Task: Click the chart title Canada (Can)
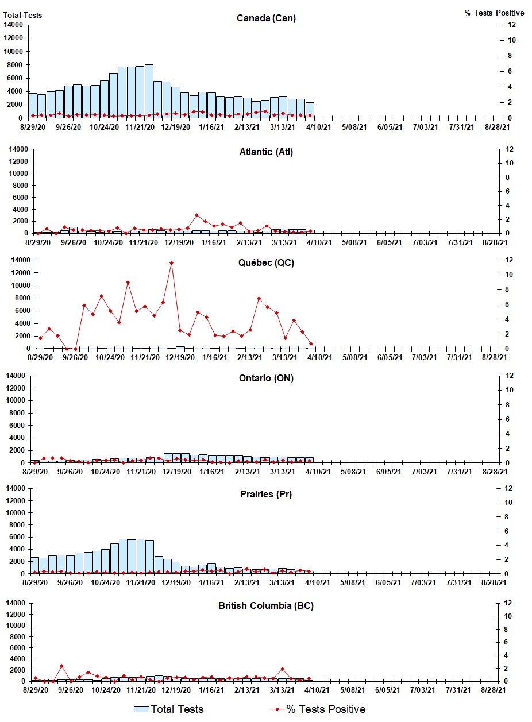click(266, 18)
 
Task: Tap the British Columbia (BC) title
click(266, 605)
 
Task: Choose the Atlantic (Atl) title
click(266, 152)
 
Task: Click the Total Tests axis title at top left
click(22, 15)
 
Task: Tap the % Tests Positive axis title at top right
click(494, 13)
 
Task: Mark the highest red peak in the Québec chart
click(171, 263)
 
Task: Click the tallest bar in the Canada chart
click(149, 91)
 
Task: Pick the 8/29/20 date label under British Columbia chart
click(34, 689)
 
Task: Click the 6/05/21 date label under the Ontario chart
click(390, 471)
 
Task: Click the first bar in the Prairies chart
click(35, 565)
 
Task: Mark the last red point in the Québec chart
click(311, 344)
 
